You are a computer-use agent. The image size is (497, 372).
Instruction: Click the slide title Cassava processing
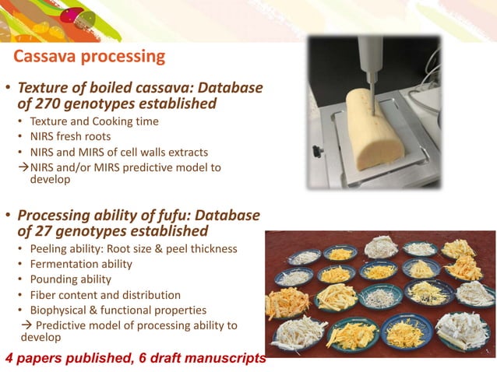[90, 57]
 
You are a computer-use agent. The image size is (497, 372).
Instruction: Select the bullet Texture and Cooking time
[93, 121]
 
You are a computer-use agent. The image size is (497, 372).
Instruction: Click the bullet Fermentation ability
[80, 264]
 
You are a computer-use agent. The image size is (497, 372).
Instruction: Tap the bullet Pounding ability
[70, 279]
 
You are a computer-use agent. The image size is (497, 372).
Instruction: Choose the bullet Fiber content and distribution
[105, 295]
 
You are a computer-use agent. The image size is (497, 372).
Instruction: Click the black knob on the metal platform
[319, 151]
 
